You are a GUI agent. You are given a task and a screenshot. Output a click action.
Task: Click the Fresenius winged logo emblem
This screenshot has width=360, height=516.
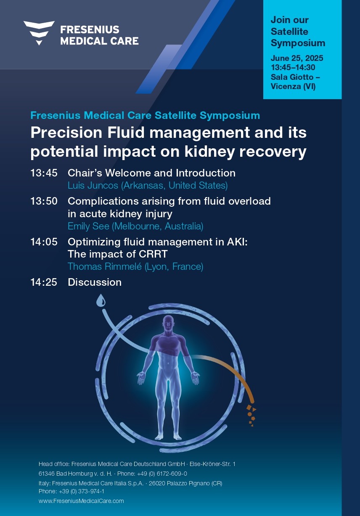click(39, 33)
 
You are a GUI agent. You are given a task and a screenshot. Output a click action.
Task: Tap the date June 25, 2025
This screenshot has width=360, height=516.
click(297, 58)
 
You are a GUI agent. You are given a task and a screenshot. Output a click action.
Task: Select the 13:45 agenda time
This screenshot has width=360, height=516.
click(44, 173)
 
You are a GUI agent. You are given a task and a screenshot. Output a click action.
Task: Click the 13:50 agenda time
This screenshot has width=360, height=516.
click(44, 201)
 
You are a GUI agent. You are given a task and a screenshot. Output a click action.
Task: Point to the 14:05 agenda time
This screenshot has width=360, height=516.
click(44, 242)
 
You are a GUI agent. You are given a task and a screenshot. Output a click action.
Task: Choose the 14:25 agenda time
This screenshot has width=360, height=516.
click(44, 282)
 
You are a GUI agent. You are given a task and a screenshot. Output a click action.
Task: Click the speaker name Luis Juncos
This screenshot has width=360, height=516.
click(93, 185)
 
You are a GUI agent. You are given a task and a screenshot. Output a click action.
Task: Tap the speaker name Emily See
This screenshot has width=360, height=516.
click(89, 226)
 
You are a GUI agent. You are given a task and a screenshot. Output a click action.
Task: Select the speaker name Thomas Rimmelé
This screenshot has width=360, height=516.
click(104, 266)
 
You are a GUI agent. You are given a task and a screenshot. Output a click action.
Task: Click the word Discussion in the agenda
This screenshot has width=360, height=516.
click(95, 282)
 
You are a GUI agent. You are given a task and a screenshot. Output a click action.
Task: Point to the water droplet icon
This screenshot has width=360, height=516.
click(101, 300)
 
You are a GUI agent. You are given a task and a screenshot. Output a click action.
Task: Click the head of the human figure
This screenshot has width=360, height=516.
click(168, 323)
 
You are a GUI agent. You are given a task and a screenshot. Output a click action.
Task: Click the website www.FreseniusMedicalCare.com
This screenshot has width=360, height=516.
click(81, 501)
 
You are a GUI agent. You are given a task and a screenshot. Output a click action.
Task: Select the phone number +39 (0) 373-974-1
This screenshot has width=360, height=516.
click(82, 491)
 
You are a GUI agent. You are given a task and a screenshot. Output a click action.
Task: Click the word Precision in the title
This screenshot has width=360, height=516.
click(66, 133)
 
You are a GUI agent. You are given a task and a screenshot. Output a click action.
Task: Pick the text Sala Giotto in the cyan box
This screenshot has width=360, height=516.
click(292, 77)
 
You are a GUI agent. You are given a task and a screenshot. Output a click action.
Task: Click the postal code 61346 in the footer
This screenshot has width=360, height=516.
click(47, 474)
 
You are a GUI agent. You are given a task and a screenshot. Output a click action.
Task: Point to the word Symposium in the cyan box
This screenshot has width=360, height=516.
click(298, 44)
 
